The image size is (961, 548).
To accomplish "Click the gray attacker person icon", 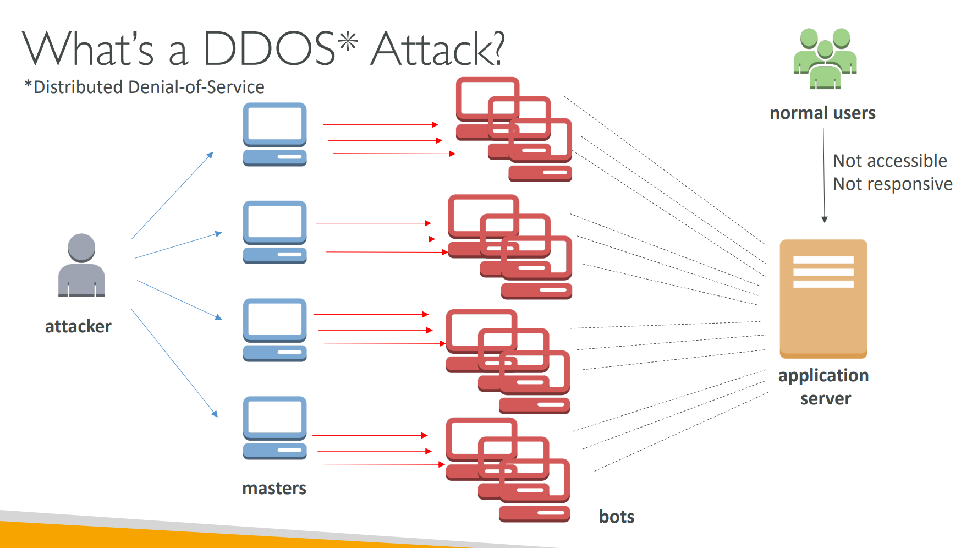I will (81, 265).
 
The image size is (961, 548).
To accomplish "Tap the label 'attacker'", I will (78, 326).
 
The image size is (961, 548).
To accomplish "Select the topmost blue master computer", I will (274, 134).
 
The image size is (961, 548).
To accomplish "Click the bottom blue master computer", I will (274, 428).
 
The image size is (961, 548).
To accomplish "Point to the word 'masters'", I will (274, 488).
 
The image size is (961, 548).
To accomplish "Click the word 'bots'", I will (616, 517).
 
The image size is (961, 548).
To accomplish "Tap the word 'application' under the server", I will (823, 375).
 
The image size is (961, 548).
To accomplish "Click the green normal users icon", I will (825, 59).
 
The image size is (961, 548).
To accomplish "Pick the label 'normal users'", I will (822, 113).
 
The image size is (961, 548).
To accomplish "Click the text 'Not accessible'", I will (889, 161).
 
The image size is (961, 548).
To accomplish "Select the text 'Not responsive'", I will (892, 184).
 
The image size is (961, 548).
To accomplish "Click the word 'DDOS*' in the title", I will (280, 48).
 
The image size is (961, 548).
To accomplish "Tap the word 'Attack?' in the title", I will (437, 48).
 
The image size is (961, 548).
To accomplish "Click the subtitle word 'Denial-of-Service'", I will (196, 87).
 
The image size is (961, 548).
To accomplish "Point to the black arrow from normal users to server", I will (824, 176).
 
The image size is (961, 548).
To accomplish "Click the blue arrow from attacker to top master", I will (172, 195).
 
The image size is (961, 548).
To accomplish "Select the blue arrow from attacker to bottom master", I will (174, 363).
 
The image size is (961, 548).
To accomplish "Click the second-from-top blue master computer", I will (274, 232).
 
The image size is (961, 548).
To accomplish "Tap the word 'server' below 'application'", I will (825, 398).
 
